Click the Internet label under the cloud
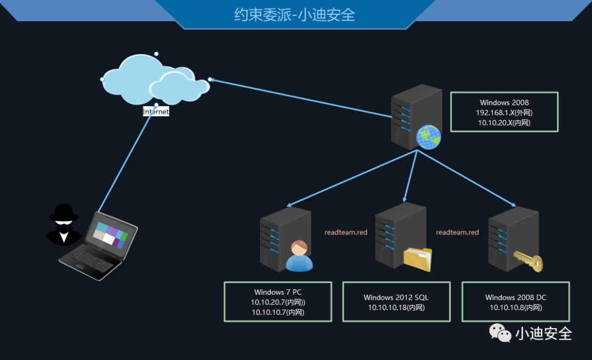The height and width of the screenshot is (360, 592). point(156,112)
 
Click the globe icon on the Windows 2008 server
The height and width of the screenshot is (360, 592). point(428,137)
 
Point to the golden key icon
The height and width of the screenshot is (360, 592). point(528,261)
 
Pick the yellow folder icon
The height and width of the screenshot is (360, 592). point(418,259)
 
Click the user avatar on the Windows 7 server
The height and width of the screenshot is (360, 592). point(299,256)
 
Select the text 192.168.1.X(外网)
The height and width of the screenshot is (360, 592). point(504,113)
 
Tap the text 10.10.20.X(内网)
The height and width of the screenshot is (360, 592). point(504,123)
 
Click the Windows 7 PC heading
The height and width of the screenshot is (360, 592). point(278,292)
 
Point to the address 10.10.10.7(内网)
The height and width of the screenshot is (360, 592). point(278,312)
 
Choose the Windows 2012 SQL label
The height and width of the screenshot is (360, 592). point(396,298)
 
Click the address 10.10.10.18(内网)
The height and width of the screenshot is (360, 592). point(396,307)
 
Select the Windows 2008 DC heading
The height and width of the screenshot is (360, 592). point(516,298)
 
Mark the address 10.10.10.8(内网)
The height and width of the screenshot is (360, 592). point(516,307)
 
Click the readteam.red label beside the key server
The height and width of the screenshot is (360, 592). point(457,232)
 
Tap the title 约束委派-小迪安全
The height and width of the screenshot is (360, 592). point(295,14)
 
